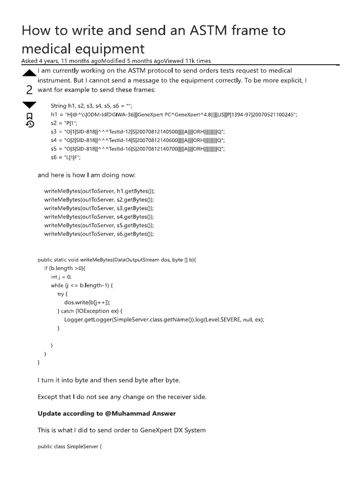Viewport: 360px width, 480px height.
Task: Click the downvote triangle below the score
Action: coord(29,105)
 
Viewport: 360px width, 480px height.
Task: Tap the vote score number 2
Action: coord(29,89)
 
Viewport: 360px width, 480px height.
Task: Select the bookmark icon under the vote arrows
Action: coord(29,115)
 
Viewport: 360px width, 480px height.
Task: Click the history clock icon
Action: coord(29,124)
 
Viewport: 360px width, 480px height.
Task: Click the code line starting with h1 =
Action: coord(174,114)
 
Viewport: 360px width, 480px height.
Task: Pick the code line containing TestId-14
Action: coord(138,140)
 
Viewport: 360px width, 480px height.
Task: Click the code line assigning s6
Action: coord(66,157)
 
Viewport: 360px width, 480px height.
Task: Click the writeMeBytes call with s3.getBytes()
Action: coord(99,208)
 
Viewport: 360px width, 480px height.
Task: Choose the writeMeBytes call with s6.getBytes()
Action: coord(99,234)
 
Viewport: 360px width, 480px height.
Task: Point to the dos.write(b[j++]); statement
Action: coord(87,302)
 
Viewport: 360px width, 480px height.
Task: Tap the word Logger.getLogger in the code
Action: coord(88,320)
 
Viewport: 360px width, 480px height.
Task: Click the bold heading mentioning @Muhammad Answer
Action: coord(106,413)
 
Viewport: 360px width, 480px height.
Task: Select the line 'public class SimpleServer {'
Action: coord(69,447)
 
